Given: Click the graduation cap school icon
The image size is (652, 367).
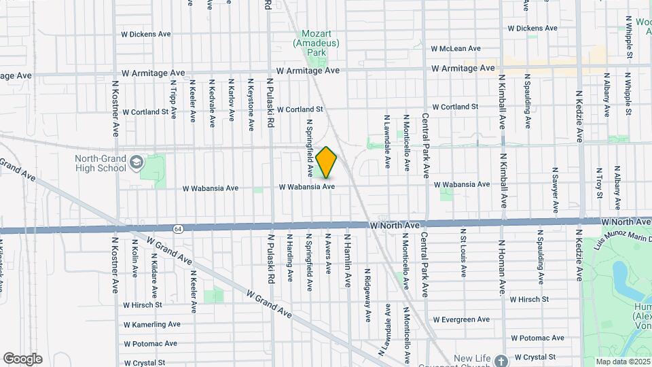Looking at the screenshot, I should pos(137,162).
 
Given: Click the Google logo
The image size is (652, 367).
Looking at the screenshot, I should pos(22,359).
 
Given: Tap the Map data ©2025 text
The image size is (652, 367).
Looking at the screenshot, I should pos(622,361).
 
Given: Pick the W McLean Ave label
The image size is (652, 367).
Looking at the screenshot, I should pos(456,49).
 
